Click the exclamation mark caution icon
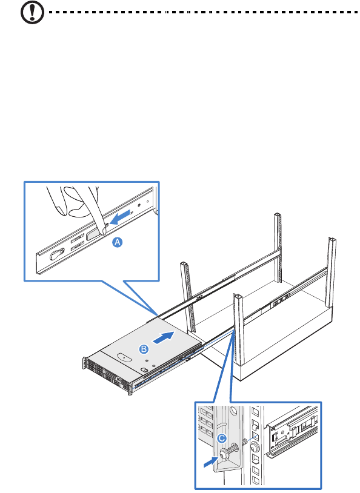32,12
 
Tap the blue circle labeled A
118,242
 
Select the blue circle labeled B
144,349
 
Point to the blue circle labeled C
222,438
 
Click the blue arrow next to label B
163,338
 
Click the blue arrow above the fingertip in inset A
120,217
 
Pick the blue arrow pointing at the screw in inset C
211,462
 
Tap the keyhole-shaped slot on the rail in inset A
57,254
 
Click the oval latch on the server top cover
124,357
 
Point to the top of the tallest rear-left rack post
277,215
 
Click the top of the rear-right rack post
332,240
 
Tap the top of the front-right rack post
238,296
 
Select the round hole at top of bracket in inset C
233,411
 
